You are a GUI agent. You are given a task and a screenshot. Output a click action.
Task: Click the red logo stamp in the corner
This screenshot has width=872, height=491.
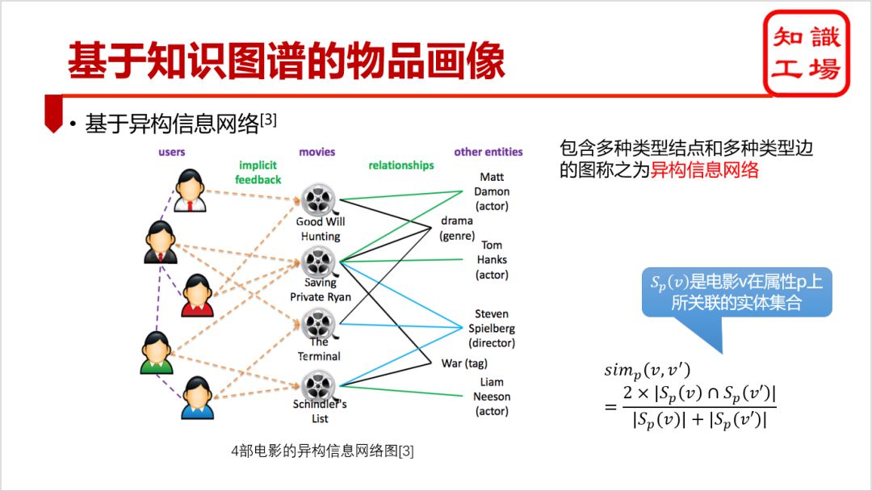pos(806,53)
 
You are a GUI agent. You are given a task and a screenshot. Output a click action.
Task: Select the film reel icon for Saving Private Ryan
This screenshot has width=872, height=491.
pos(319,261)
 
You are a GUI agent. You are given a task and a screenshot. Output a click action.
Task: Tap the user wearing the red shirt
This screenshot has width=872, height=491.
pos(197,295)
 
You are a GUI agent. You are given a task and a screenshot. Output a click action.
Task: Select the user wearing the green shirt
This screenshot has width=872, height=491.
pos(157,353)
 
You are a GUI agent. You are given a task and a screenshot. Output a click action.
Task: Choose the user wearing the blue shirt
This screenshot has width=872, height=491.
pos(197,397)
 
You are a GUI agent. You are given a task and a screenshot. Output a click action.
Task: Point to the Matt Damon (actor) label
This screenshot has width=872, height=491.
pos(492,191)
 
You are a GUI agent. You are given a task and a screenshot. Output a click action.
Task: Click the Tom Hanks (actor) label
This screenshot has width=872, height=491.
pos(492,259)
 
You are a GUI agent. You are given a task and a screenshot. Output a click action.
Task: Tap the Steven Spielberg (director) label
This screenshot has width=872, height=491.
pos(492,328)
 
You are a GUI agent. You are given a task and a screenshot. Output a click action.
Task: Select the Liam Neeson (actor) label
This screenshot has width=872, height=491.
pos(492,397)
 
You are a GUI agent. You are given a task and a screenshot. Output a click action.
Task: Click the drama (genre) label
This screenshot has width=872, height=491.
pos(457,228)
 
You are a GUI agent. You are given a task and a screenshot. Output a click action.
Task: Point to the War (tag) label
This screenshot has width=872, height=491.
pos(463,363)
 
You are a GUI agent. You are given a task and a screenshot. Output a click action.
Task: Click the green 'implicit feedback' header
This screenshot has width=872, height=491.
pos(258,172)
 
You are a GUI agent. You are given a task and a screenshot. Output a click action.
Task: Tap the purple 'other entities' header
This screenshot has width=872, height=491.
pos(488,151)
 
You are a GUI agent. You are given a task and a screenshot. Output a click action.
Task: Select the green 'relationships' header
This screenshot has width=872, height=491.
pos(401,165)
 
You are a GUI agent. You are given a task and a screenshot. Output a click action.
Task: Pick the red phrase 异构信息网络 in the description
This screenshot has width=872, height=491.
pos(705,170)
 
